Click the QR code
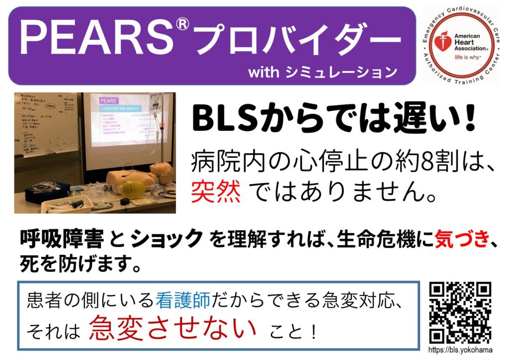[460, 312]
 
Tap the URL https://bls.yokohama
[460, 351]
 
